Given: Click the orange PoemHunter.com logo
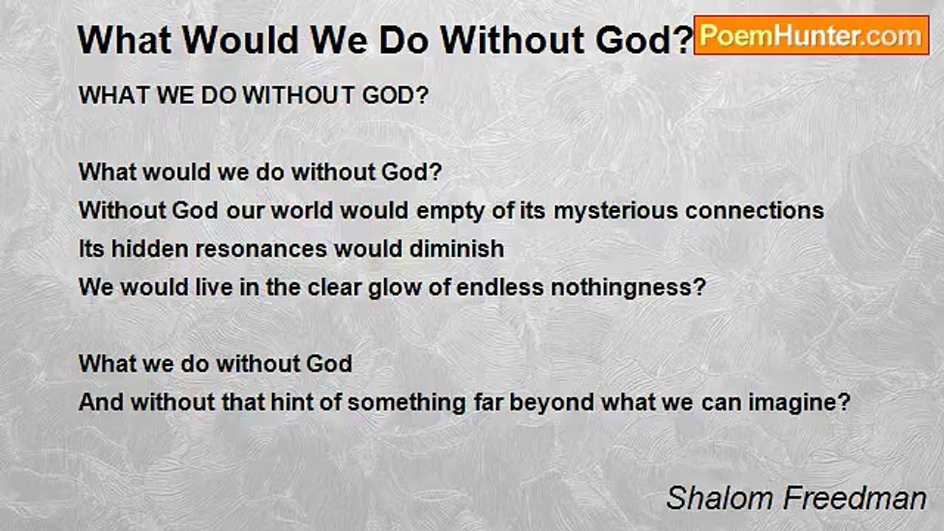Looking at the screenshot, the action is tap(811, 35).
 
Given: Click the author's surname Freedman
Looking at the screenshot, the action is tap(855, 498).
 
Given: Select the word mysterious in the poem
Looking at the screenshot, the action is tap(616, 211).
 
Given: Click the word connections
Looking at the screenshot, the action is tap(754, 210).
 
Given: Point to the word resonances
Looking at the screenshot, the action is tap(261, 249).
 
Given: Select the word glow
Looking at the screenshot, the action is tap(395, 288).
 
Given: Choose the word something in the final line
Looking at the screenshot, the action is tap(406, 403).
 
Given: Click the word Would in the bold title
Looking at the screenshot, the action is tap(240, 41).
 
